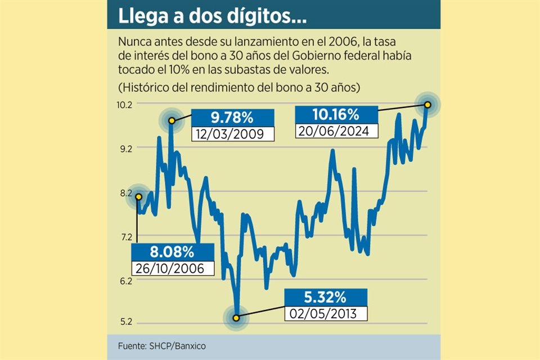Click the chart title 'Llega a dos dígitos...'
tap(212, 17)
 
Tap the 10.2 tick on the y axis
tap(125, 105)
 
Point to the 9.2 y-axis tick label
tap(125, 148)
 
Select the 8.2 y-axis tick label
tap(125, 193)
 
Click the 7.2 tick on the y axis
tap(125, 237)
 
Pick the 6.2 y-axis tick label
tap(125, 281)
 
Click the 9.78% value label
tap(232, 118)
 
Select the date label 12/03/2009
tap(232, 134)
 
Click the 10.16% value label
tap(336, 115)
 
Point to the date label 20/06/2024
tap(336, 131)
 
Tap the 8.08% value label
tap(172, 251)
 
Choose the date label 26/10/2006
tap(172, 268)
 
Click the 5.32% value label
tap(326, 297)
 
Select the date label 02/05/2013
tap(326, 313)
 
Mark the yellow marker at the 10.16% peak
tap(427, 105)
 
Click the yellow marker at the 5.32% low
tap(236, 318)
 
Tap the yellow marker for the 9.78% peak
tap(172, 120)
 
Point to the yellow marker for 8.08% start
tap(137, 195)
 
